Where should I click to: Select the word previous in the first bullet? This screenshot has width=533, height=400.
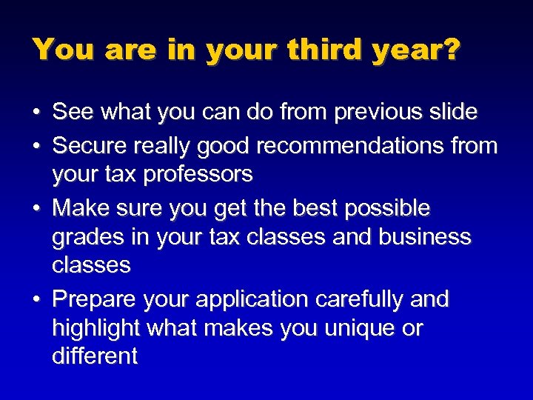[x=378, y=113]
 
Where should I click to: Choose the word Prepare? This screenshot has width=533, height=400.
[x=96, y=299]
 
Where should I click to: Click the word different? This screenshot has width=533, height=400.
[x=95, y=356]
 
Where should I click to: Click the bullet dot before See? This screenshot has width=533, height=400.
[x=36, y=113]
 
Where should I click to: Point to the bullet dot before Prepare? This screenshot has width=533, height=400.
[x=36, y=300]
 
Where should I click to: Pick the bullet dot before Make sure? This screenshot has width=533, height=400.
[x=36, y=209]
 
